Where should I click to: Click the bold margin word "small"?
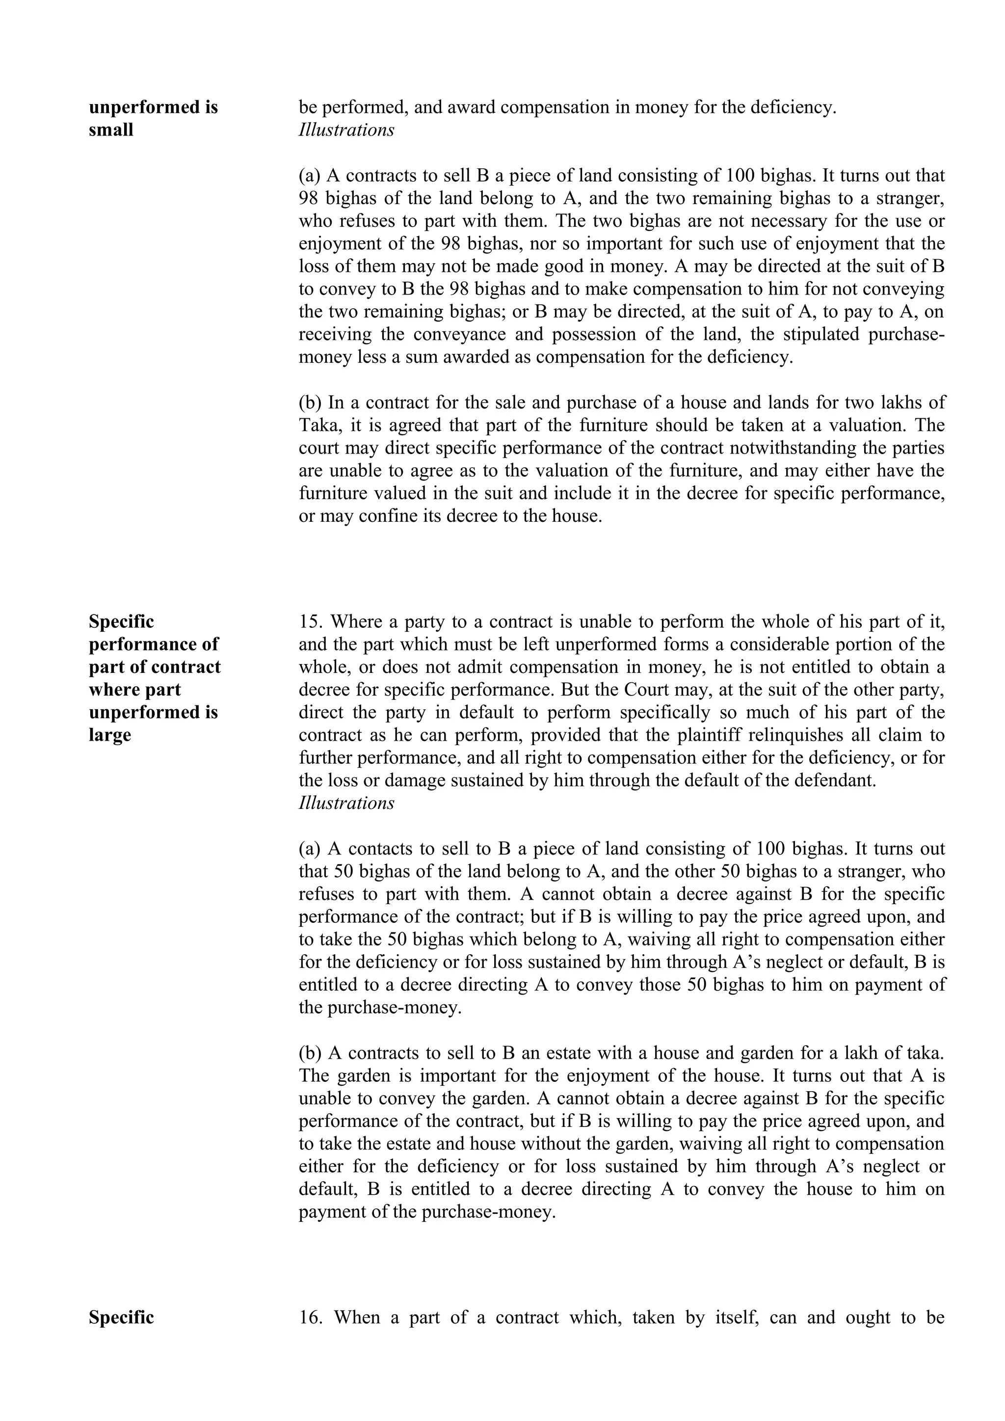pyautogui.click(x=111, y=130)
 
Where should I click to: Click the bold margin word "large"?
pyautogui.click(x=109, y=735)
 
